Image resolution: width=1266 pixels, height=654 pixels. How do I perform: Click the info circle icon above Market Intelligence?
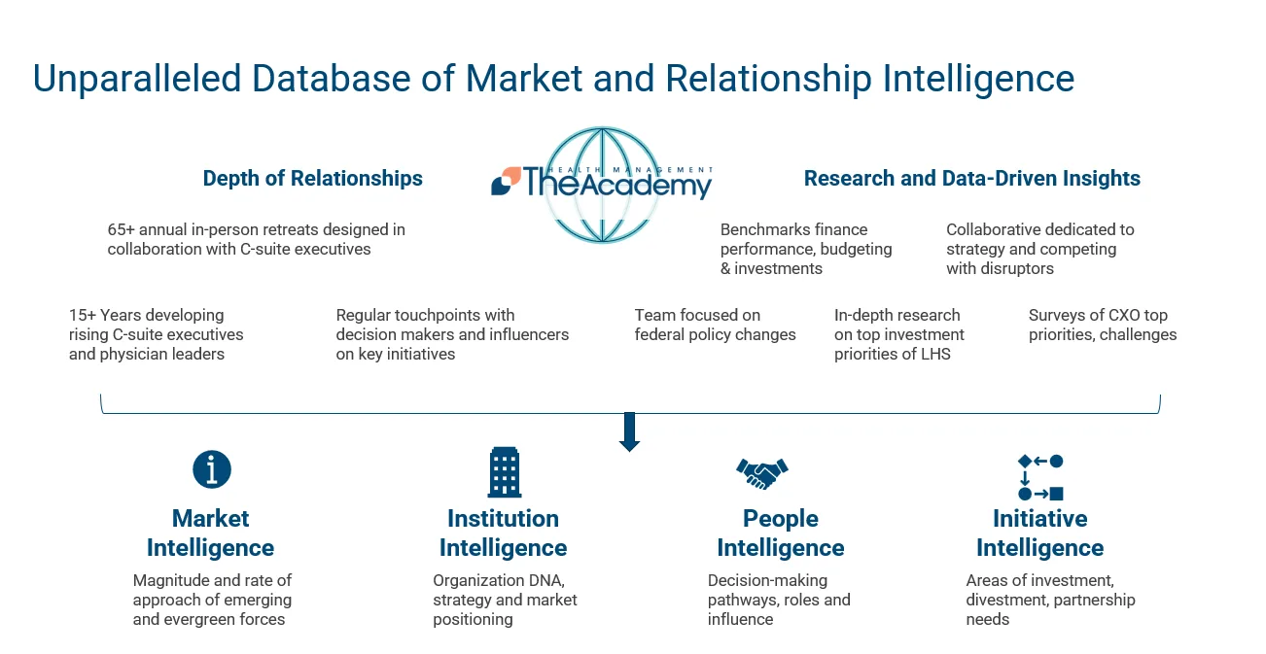tap(211, 469)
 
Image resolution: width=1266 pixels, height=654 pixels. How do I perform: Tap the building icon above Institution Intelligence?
tap(504, 472)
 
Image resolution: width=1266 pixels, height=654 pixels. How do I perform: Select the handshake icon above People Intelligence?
tap(761, 473)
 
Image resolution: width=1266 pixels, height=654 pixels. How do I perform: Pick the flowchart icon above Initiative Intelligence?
tap(1039, 477)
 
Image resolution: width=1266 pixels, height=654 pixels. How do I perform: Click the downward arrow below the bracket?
tap(629, 431)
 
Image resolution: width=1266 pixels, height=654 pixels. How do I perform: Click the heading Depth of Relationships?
tap(312, 179)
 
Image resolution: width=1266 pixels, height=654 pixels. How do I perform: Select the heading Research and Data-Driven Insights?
tap(971, 179)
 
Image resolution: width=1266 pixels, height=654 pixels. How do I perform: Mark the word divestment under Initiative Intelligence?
tap(1009, 601)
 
